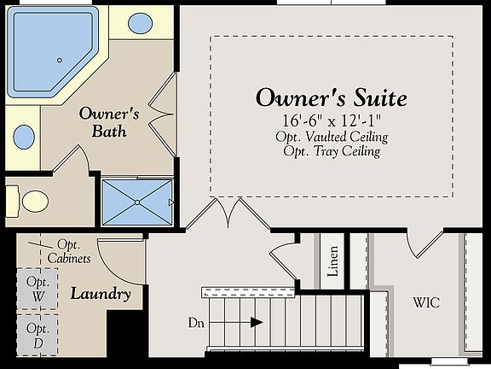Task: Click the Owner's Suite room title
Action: coord(331,97)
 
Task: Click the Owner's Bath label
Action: coord(102,122)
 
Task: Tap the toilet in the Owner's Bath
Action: coord(32,202)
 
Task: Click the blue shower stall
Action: coord(136,202)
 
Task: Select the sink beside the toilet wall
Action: coord(26,136)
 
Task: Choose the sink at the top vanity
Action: coord(140,23)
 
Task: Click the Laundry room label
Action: coord(101,295)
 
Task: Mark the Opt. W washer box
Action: coord(38,288)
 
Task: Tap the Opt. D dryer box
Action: coord(38,334)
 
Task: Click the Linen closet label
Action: coord(332,261)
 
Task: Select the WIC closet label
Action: coord(426,302)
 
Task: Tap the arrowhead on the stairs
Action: coord(257,322)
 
